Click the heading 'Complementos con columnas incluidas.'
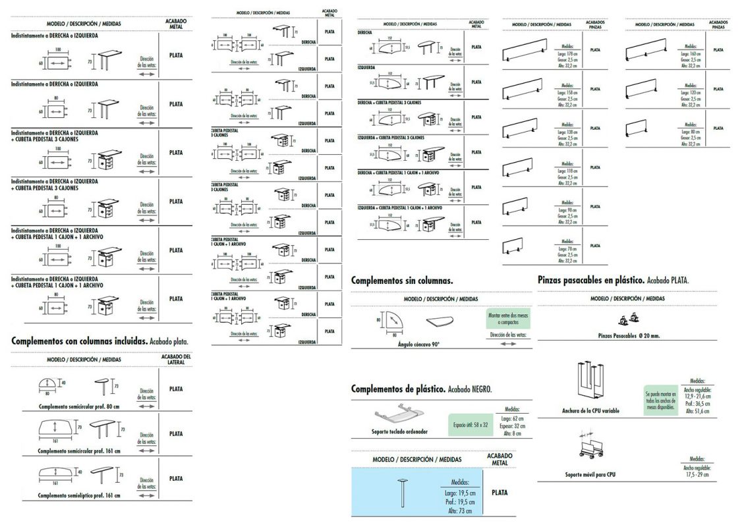tap(78, 341)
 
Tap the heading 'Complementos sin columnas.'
tap(401, 280)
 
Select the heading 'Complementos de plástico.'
tap(398, 389)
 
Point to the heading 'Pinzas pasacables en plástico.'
tap(590, 280)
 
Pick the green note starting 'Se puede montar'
tap(660, 400)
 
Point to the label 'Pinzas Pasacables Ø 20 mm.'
tap(629, 336)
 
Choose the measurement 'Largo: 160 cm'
tap(690, 53)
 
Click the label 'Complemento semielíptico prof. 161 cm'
tap(79, 495)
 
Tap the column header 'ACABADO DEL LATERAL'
tap(176, 360)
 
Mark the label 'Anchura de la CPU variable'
tap(590, 410)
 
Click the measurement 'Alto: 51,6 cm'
tap(697, 410)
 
